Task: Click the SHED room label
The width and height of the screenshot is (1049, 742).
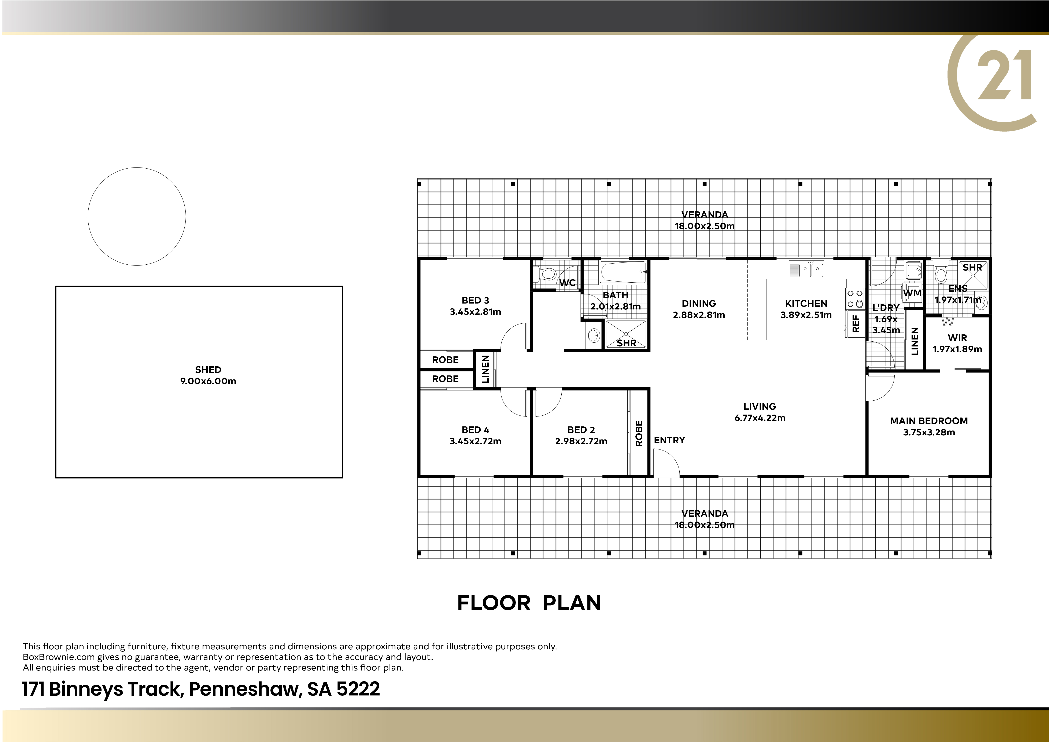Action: (x=208, y=370)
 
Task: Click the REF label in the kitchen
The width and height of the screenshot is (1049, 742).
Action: (x=856, y=323)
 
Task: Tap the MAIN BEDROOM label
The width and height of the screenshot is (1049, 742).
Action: (x=929, y=421)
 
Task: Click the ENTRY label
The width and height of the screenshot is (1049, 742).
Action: (x=669, y=440)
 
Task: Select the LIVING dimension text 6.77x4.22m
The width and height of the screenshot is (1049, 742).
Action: (x=760, y=418)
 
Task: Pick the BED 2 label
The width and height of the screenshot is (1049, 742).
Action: (x=581, y=430)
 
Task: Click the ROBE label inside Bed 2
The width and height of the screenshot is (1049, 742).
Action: (x=639, y=433)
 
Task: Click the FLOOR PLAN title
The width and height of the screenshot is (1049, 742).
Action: (x=529, y=603)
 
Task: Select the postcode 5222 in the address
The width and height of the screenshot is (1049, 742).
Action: (x=358, y=689)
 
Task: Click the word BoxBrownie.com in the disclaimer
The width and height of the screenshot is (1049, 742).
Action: (x=59, y=657)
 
